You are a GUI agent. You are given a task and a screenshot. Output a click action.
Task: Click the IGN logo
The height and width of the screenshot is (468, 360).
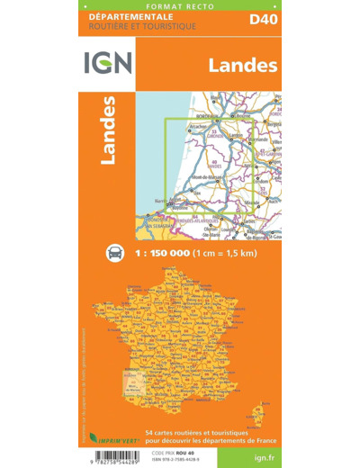point(107,63)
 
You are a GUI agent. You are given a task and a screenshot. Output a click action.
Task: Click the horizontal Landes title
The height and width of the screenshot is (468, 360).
point(241,64)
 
